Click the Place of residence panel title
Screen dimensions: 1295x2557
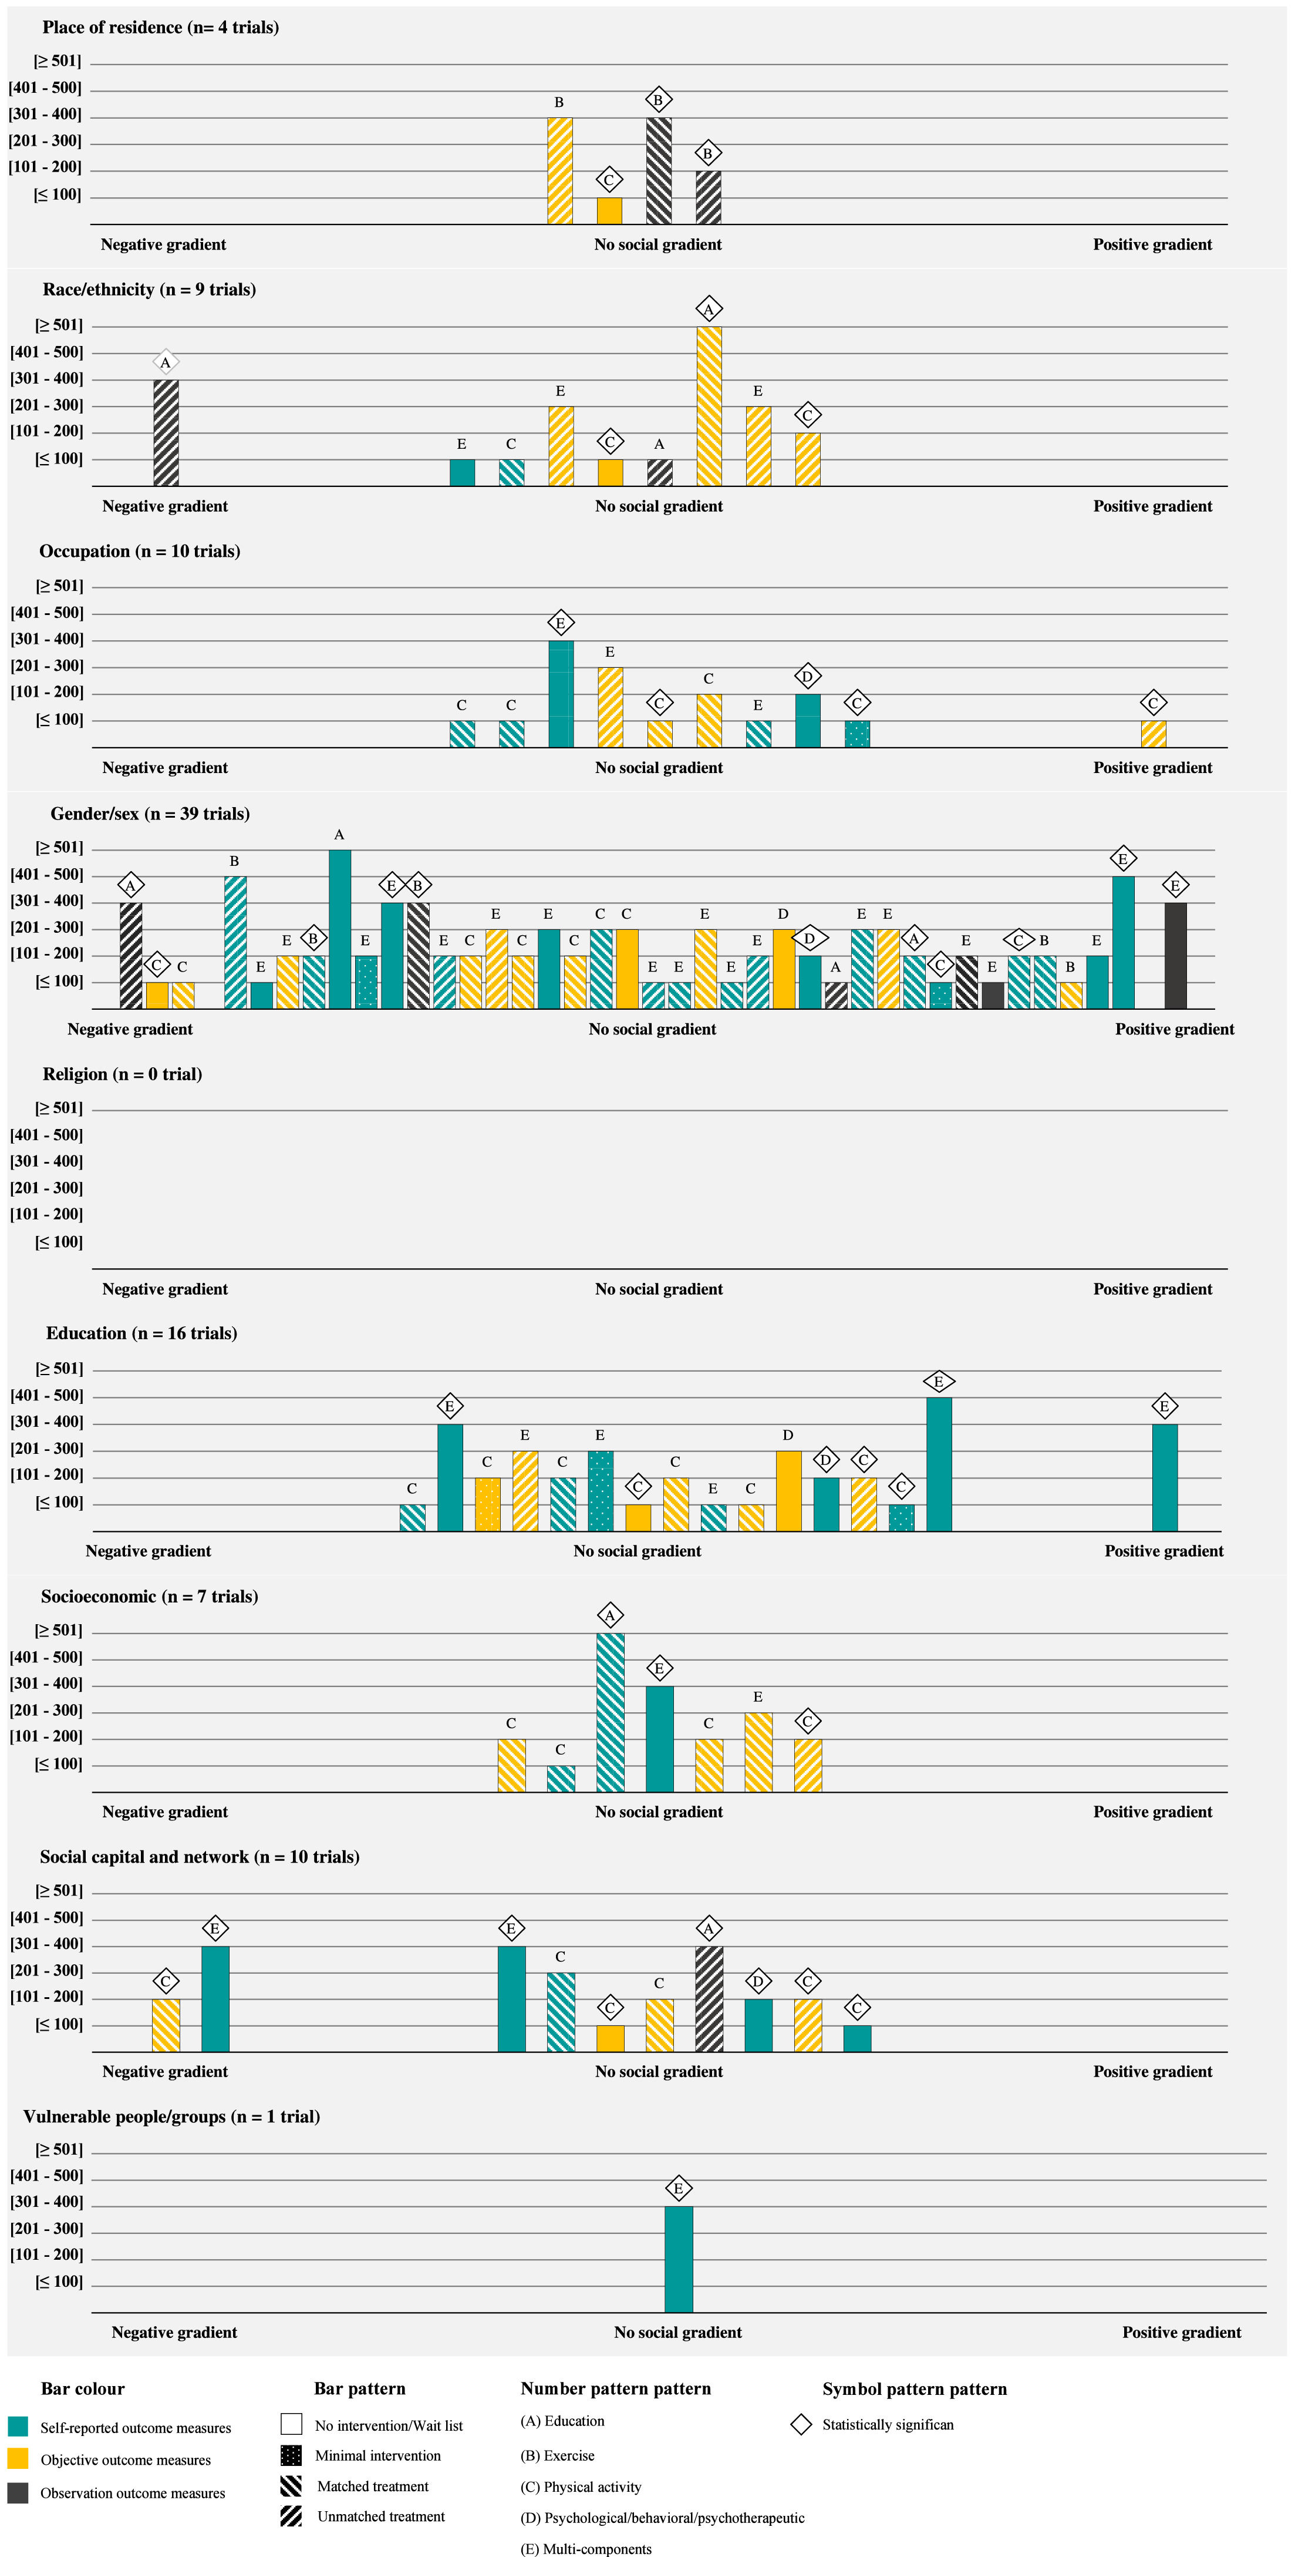161,27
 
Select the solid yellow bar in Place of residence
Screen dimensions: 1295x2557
609,210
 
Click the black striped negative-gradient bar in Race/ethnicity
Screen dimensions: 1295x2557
166,433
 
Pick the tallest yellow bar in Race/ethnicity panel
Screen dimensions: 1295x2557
709,406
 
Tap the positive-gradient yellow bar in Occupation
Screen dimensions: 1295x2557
1153,734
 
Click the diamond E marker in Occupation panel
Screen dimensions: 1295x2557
561,623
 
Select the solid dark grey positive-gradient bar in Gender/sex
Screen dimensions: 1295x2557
1175,955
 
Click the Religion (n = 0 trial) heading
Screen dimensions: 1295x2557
122,1073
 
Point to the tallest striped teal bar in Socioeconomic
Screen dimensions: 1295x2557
611,1712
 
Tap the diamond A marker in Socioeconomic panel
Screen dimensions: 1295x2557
611,1615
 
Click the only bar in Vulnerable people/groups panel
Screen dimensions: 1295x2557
679,2259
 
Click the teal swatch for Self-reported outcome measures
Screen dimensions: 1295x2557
18,2426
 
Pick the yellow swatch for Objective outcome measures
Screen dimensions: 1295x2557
18,2459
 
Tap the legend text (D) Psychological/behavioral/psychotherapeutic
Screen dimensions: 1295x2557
663,2517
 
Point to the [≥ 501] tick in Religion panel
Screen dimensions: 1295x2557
59,1108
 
